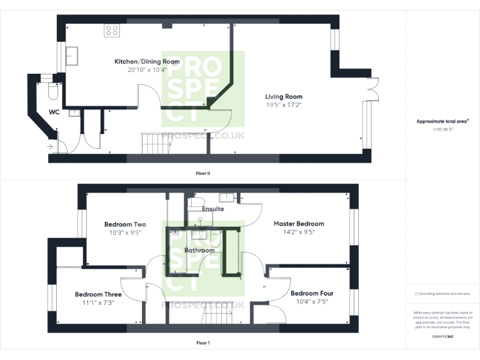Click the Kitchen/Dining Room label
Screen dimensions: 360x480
[x=147, y=62]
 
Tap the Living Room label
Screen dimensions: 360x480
[x=284, y=97]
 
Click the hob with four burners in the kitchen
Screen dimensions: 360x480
[x=112, y=30]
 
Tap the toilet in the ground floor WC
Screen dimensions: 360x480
[x=52, y=92]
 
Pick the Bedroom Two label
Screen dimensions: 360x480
[x=125, y=224]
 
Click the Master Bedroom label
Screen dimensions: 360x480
[x=299, y=223]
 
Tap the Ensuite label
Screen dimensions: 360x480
[x=212, y=209]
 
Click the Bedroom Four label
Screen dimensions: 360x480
[x=312, y=293]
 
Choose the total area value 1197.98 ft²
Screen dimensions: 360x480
[x=442, y=130]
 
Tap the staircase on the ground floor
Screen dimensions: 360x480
[x=156, y=144]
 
